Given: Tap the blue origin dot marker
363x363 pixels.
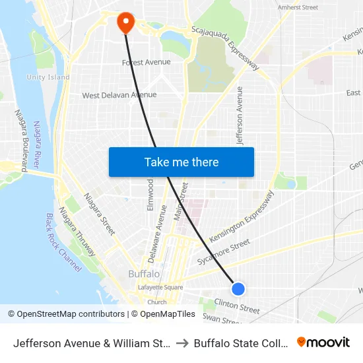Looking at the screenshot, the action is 238,288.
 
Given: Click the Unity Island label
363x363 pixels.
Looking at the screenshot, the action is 48,77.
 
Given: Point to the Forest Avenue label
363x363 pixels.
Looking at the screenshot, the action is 146,63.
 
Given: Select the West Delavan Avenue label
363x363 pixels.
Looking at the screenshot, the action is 119,95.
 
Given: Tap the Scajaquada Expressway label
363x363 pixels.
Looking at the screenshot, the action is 225,48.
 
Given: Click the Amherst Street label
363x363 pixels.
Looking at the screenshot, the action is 298,7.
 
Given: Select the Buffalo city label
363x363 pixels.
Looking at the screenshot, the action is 143,273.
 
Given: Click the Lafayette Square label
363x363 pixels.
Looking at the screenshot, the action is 160,287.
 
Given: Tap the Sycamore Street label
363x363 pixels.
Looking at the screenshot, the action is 224,252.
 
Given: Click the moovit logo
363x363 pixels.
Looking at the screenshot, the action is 323,342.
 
